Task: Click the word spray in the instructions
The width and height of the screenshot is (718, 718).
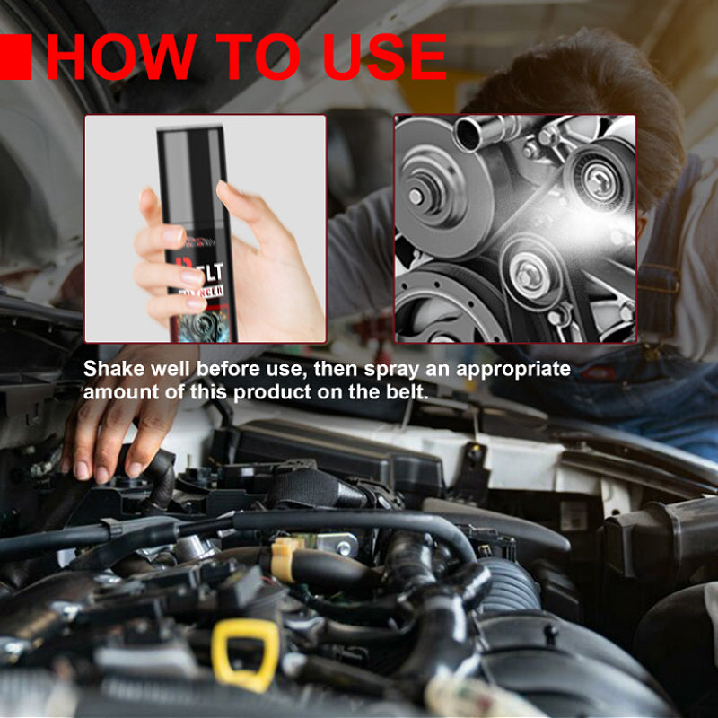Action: (359, 370)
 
